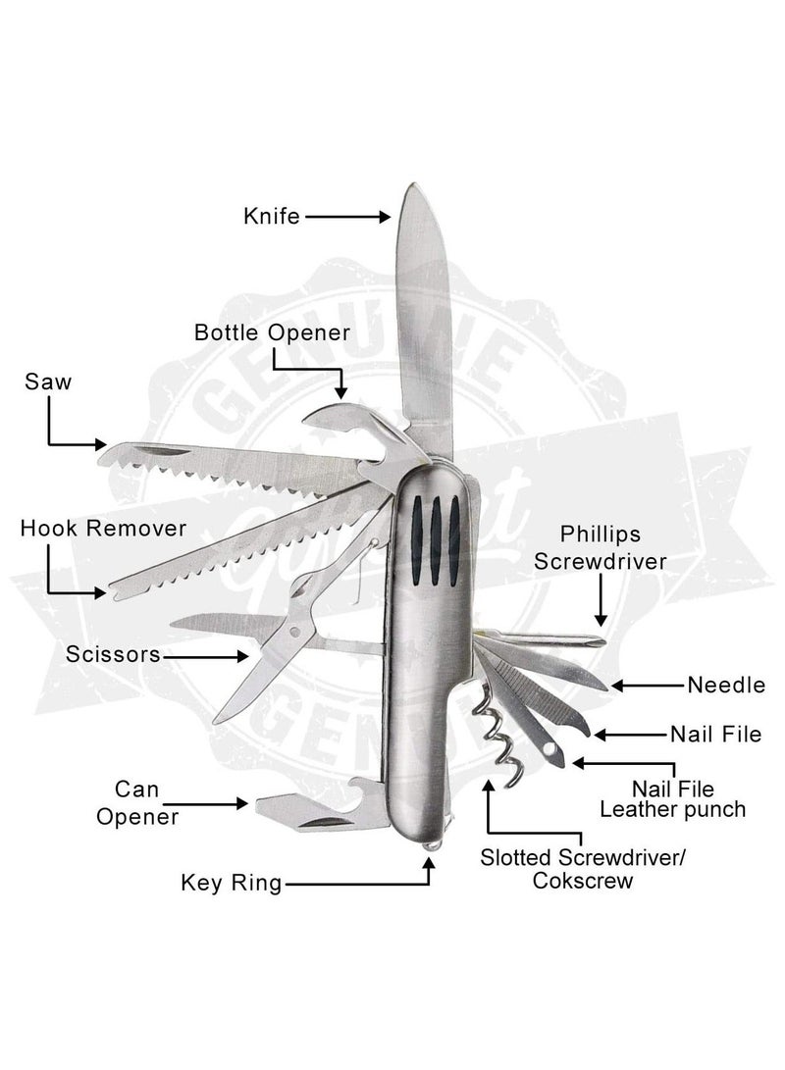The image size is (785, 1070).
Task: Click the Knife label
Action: point(272,217)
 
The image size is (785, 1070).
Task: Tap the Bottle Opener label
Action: point(273,333)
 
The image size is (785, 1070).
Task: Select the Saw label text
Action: point(48,382)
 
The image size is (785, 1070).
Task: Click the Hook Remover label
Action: point(103,529)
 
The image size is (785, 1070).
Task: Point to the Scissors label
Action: point(113,654)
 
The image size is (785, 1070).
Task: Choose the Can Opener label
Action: point(137,803)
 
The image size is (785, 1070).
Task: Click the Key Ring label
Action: point(232,883)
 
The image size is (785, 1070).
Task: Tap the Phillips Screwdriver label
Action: point(600,548)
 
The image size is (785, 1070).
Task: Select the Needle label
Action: point(726,686)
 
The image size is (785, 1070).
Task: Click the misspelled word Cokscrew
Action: point(582,881)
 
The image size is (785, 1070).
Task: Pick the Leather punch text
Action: point(672,810)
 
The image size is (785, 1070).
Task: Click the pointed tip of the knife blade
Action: point(412,184)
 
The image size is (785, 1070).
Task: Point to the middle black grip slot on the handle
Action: point(434,540)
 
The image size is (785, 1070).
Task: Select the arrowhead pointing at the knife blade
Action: point(385,217)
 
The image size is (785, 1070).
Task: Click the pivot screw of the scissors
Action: point(295,632)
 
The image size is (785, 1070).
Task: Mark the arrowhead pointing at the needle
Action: point(616,686)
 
